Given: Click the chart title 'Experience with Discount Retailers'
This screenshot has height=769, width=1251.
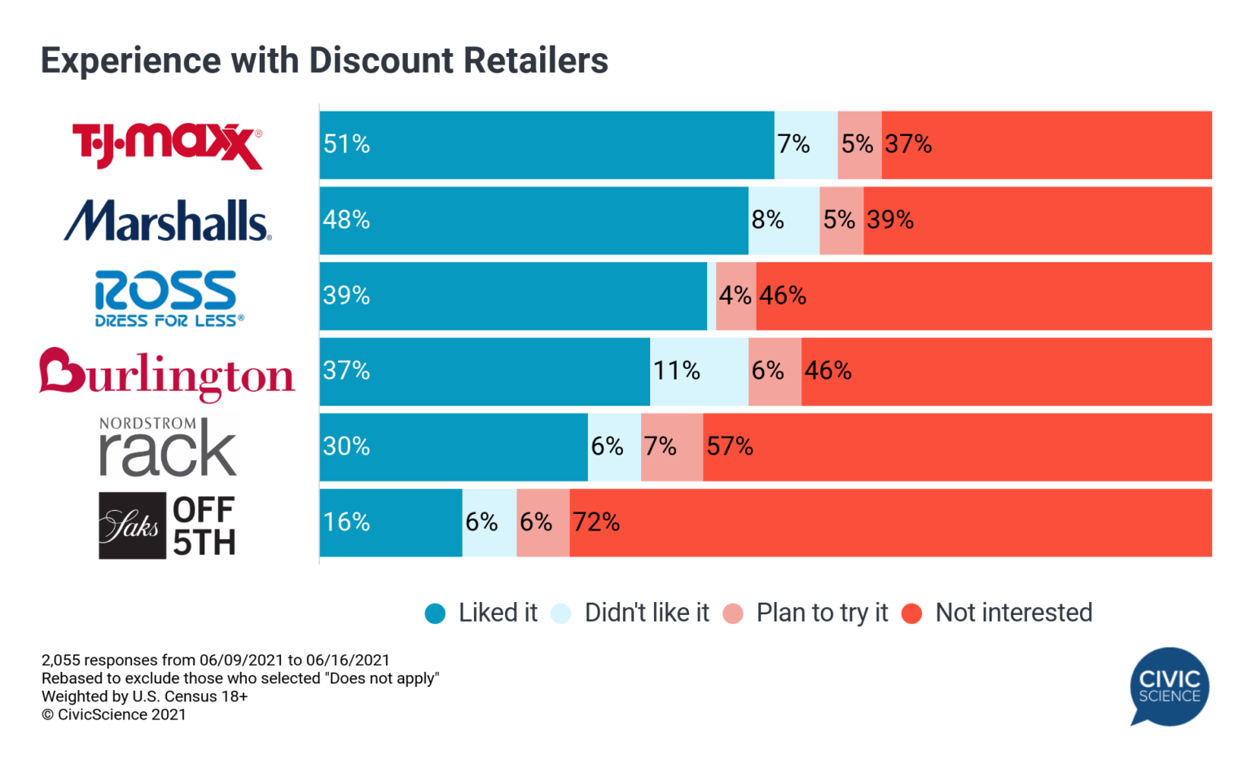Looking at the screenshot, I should pyautogui.click(x=324, y=61).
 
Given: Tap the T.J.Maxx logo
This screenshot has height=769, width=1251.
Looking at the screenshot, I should pyautogui.click(x=167, y=145).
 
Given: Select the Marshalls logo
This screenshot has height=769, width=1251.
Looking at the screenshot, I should pyautogui.click(x=167, y=221).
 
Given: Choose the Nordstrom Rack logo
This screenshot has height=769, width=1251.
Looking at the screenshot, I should pyautogui.click(x=167, y=447).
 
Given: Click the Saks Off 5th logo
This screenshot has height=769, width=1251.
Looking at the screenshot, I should pyautogui.click(x=167, y=525).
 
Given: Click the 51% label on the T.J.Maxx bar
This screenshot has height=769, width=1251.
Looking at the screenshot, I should pyautogui.click(x=347, y=144).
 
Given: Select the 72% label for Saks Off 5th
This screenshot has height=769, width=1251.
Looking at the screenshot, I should pyautogui.click(x=596, y=522).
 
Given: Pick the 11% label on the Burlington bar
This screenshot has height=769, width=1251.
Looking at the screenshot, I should pyautogui.click(x=676, y=371).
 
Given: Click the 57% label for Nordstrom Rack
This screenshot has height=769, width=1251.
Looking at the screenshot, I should pyautogui.click(x=730, y=446).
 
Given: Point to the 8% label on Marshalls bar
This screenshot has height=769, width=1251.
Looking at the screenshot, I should pyautogui.click(x=767, y=220).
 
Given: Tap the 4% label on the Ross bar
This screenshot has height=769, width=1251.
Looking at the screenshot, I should pyautogui.click(x=735, y=296).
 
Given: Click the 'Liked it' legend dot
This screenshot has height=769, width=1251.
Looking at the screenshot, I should pyautogui.click(x=435, y=613).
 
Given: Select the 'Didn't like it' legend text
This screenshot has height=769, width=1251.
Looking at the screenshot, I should pyautogui.click(x=647, y=613).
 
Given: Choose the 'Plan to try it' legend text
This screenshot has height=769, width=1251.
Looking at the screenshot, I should pyautogui.click(x=822, y=613).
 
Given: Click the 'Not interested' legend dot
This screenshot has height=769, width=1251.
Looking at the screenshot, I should pyautogui.click(x=912, y=613).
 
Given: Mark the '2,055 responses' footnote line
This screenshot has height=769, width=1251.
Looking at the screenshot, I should pyautogui.click(x=215, y=660).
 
